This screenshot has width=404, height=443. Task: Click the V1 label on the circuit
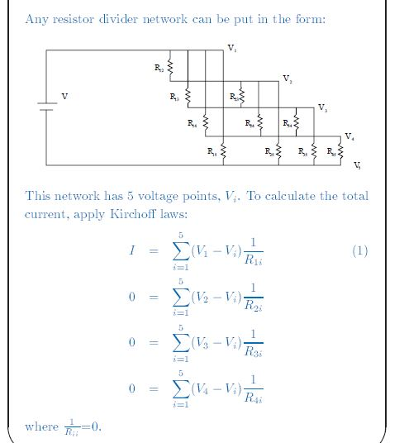click(x=231, y=49)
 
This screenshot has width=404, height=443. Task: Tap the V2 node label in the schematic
click(x=286, y=79)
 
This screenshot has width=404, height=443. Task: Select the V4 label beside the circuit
click(x=349, y=136)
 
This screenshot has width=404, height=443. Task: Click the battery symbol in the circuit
click(x=46, y=106)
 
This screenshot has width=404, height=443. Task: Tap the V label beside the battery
click(x=65, y=97)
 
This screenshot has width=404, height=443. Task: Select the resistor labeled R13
click(x=188, y=97)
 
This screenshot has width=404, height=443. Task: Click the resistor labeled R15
click(x=224, y=152)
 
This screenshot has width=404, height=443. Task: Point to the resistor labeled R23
click(x=242, y=96)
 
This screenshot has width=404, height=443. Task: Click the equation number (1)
click(x=359, y=250)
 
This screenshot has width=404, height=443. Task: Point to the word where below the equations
click(x=42, y=426)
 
